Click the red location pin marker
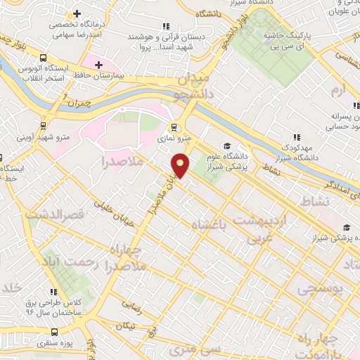pyautogui.click(x=181, y=165)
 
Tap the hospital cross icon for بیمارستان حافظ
pyautogui.click(x=99, y=65)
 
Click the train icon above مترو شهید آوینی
pyautogui.click(x=44, y=127)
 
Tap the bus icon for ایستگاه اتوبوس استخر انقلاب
pyautogui.click(x=44, y=58)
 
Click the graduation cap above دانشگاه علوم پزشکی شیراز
pyautogui.click(x=226, y=146)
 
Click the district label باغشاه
pyautogui.click(x=210, y=224)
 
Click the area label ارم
pyautogui.click(x=339, y=91)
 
